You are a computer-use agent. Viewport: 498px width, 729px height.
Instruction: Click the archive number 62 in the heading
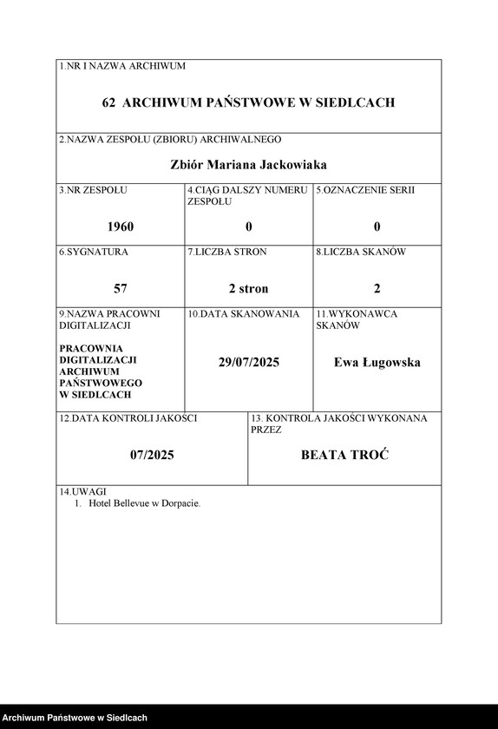tap(108, 102)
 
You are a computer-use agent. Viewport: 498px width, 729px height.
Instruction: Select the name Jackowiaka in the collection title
tap(287, 164)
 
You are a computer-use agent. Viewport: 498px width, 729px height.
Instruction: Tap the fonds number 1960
tap(121, 227)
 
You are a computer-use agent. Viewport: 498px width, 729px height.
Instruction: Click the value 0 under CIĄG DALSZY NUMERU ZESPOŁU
tap(249, 227)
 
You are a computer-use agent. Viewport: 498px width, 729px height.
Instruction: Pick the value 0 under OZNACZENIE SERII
tap(377, 227)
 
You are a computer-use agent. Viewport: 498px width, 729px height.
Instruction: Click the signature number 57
tap(121, 288)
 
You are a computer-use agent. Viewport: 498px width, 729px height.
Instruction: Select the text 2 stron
tap(249, 288)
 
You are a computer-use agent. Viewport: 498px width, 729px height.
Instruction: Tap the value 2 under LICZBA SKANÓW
tap(377, 288)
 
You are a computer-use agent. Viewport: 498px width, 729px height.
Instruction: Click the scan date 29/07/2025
tap(249, 362)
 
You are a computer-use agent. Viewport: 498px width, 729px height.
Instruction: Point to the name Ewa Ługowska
tap(377, 362)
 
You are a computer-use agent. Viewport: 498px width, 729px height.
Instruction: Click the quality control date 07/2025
tap(152, 454)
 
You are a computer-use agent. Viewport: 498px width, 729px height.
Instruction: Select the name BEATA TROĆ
tap(344, 454)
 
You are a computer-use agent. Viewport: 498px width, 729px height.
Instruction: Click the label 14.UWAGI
tap(77, 491)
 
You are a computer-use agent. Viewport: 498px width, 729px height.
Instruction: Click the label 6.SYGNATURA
tap(93, 252)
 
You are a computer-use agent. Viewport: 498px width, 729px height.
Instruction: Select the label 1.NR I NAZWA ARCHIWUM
tap(121, 66)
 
